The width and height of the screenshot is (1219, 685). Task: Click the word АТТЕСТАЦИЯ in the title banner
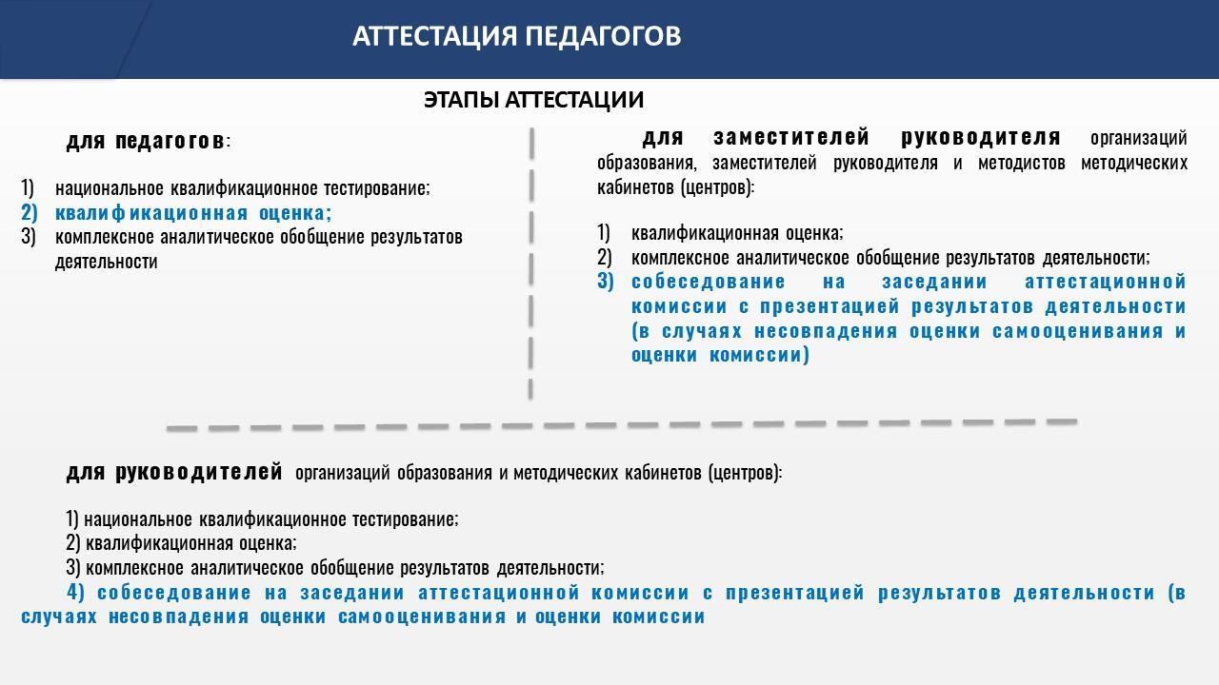click(434, 36)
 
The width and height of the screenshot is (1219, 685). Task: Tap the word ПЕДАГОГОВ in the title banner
click(603, 36)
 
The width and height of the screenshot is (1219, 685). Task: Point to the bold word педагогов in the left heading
click(170, 141)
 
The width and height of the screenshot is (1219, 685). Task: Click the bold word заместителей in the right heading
click(791, 138)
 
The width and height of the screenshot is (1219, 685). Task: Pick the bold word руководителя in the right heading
click(981, 138)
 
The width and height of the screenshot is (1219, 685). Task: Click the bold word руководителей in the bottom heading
click(199, 471)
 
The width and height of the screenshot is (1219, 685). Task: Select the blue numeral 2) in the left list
click(30, 212)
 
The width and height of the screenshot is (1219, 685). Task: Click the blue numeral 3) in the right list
click(606, 281)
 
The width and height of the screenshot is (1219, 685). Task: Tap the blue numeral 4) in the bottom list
click(75, 592)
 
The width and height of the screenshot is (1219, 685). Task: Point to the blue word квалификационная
click(151, 212)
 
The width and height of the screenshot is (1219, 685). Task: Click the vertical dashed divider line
click(531, 264)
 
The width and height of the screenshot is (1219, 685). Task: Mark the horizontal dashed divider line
click(622, 424)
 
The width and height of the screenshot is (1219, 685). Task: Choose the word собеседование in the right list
click(709, 282)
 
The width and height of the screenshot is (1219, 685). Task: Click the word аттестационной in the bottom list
click(499, 592)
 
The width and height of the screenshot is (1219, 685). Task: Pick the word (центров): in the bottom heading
click(745, 473)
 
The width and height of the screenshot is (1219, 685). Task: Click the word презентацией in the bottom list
click(795, 592)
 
